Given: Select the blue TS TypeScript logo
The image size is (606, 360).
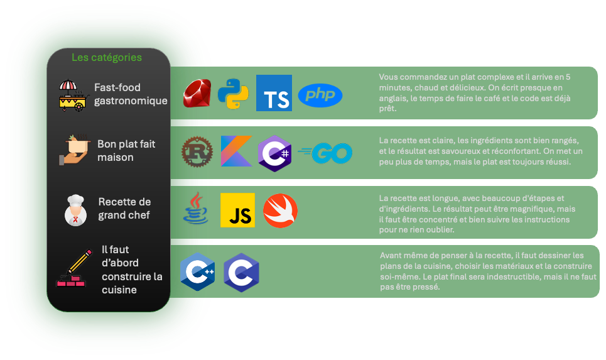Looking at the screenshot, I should coord(274,93).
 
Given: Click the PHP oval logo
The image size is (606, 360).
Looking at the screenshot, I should coord(320,95).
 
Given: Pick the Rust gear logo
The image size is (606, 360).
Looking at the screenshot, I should coord(197,153).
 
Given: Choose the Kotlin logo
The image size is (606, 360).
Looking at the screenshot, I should coord(236,151).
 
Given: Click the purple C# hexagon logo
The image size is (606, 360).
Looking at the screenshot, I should coord(274,153).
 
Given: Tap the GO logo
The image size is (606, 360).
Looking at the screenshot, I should coord(326,153).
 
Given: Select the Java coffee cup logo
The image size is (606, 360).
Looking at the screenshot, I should coord(197,209).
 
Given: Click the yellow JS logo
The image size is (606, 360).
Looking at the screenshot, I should coord(237,210).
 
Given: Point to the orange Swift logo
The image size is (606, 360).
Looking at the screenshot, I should coord(280,210).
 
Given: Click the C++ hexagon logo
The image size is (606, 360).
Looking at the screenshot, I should coord(198,271).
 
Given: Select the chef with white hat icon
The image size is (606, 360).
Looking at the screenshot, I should coord(75,209).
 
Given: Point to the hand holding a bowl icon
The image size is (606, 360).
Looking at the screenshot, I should coord(75,151).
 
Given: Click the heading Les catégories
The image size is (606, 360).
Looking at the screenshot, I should coord(107,58).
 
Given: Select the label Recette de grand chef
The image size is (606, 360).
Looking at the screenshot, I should coord(124,209).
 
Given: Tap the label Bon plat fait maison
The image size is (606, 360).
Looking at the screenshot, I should coord(126,151).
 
